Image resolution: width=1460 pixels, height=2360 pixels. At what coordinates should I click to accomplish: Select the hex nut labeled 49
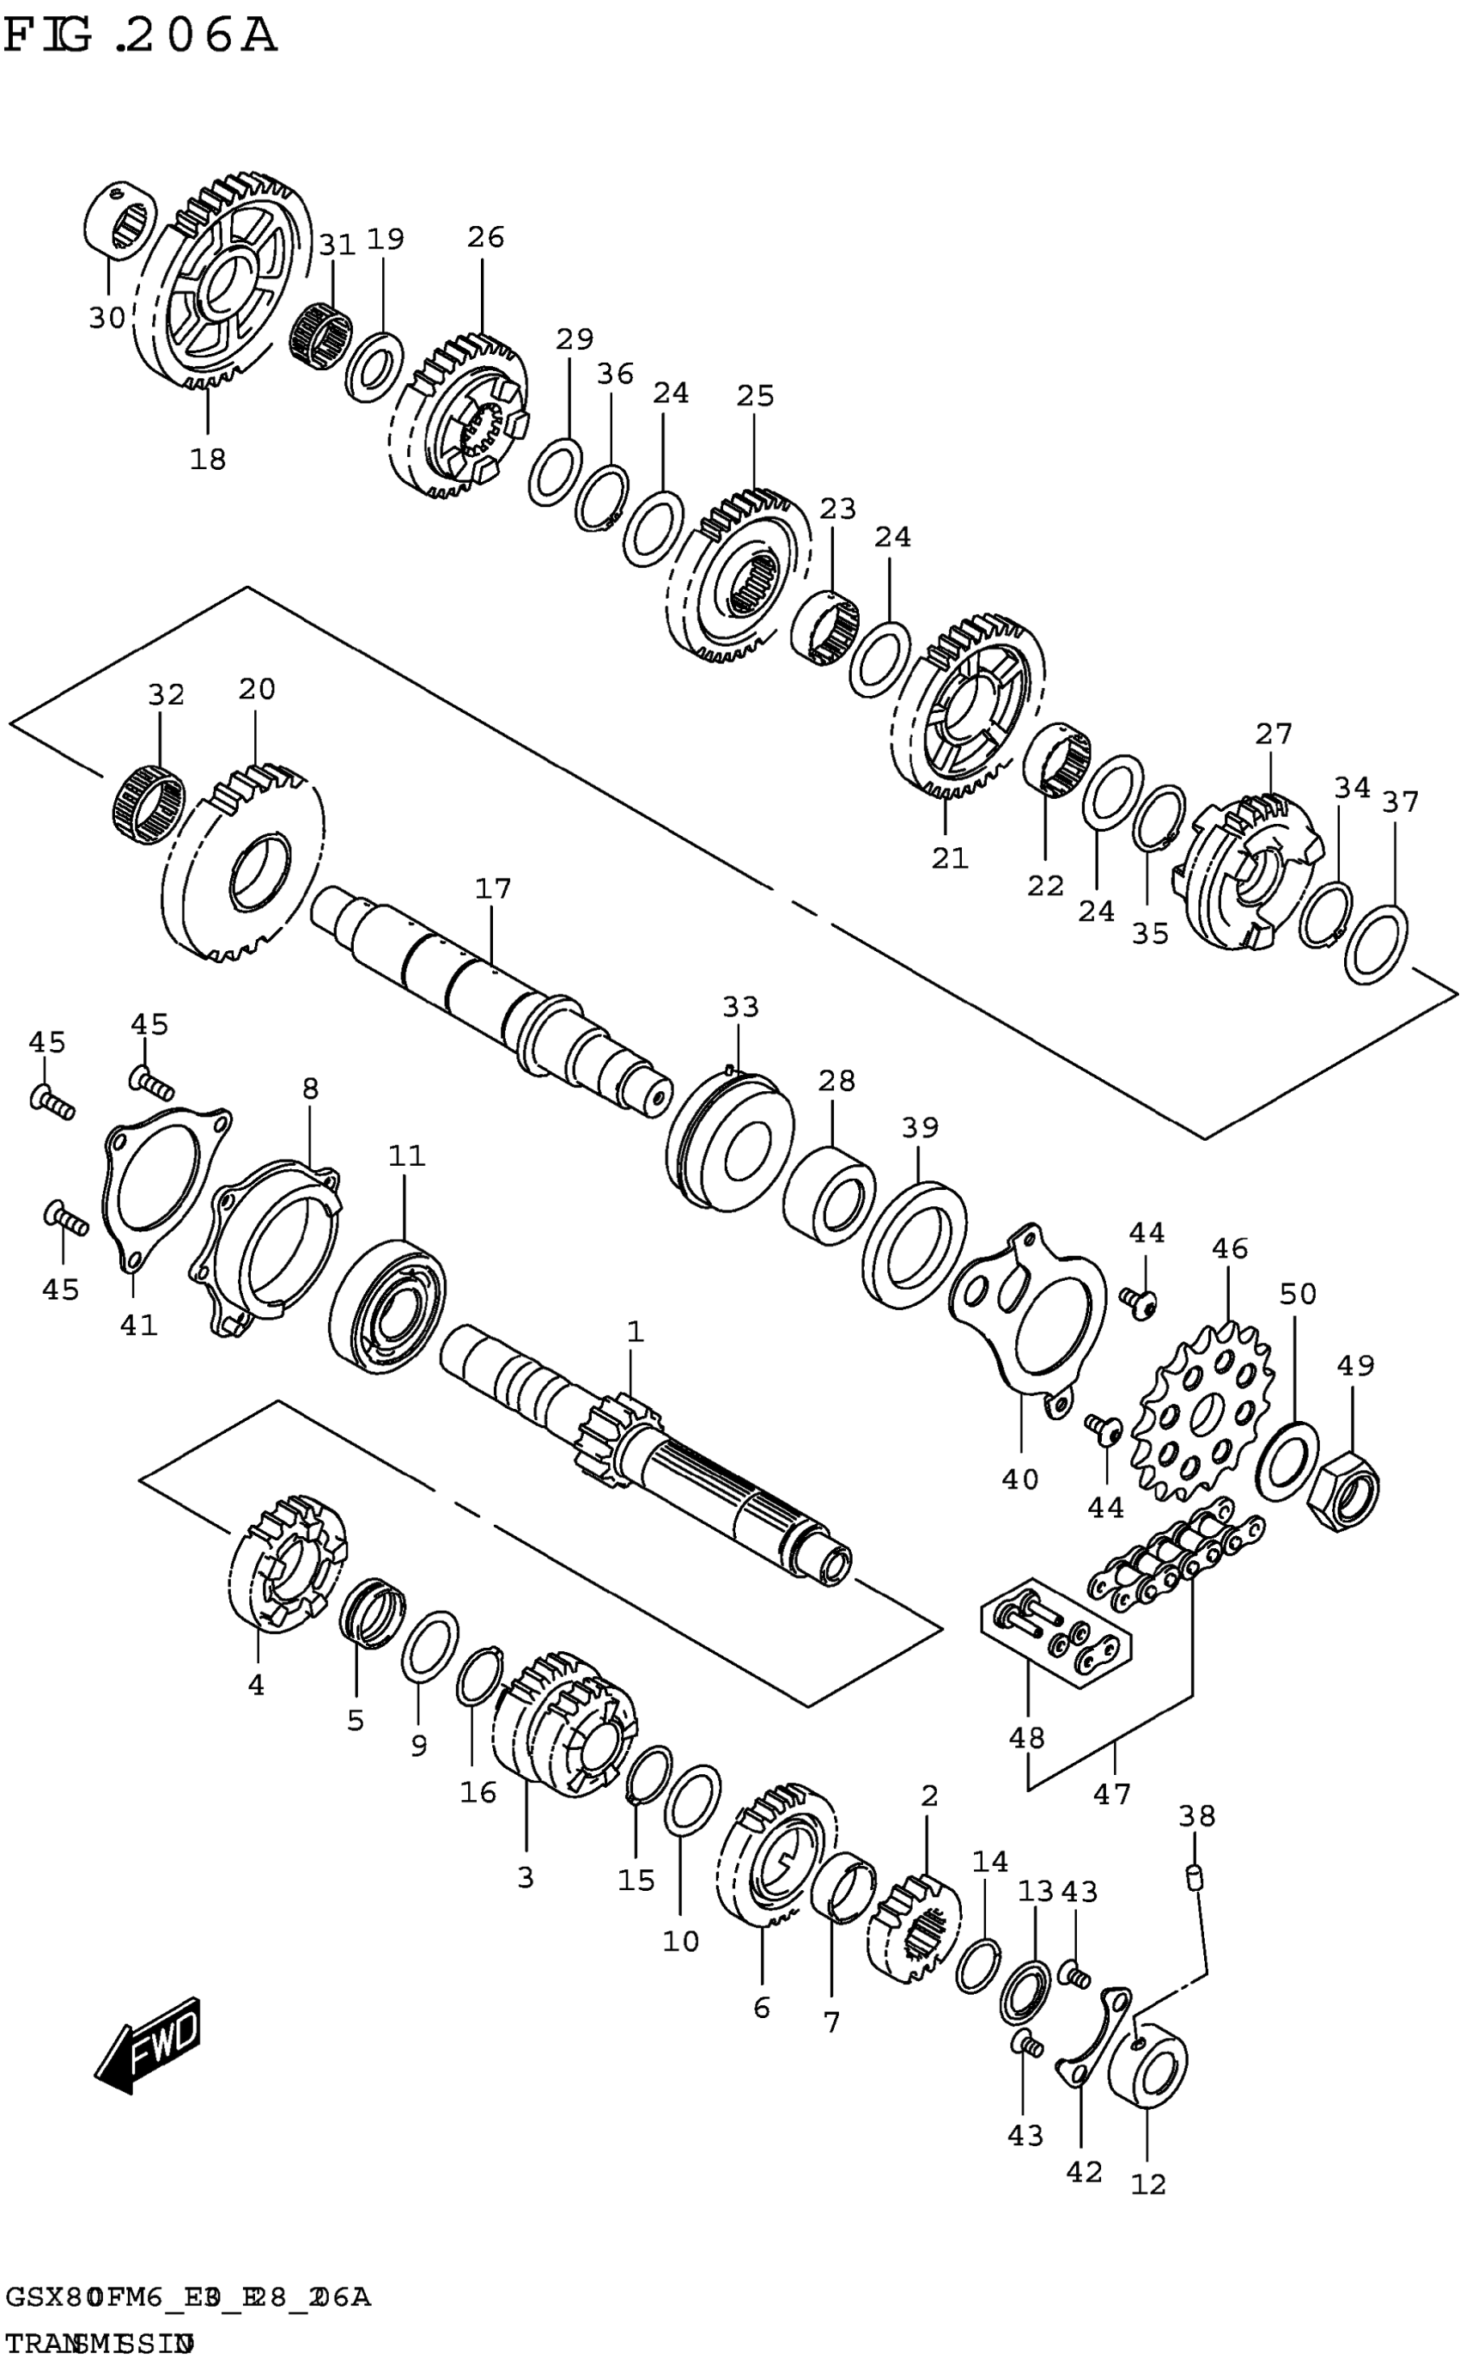[1342, 1492]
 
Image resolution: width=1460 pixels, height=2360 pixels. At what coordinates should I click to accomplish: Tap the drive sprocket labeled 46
[1203, 1416]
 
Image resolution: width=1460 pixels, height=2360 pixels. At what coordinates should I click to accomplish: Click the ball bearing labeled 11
[386, 1303]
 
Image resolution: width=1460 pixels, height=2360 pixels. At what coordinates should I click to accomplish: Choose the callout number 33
[740, 1007]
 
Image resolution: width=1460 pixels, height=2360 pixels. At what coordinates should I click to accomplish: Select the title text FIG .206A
[140, 37]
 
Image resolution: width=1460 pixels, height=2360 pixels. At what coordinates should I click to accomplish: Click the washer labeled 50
[1287, 1462]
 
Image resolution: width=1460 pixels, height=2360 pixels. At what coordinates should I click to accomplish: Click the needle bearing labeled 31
[320, 334]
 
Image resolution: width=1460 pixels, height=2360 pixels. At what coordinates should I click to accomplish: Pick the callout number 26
[486, 236]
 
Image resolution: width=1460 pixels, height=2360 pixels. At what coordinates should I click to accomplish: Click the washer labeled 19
[374, 368]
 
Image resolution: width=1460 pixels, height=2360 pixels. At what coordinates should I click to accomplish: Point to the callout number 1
[635, 1332]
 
